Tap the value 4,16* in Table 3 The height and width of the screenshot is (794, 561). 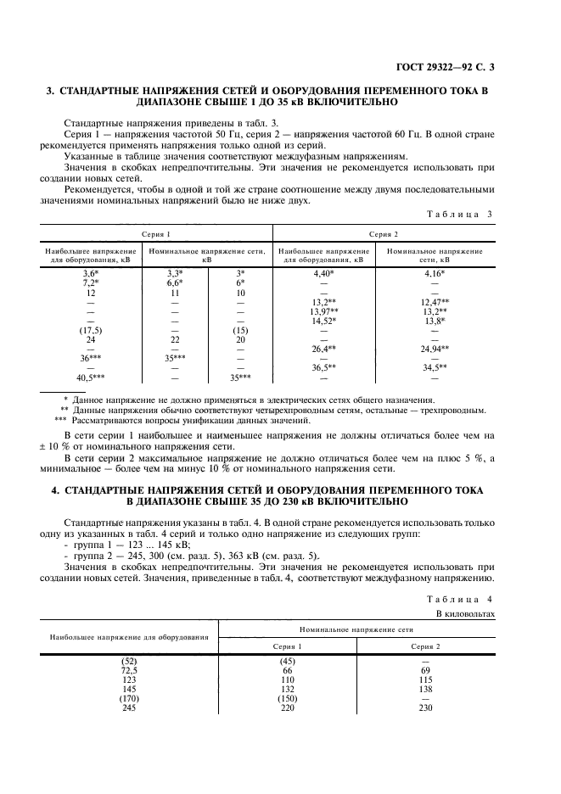pyautogui.click(x=434, y=274)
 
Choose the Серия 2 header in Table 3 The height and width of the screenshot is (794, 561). pyautogui.click(x=384, y=233)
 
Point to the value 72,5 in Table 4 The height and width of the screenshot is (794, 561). pyautogui.click(x=129, y=670)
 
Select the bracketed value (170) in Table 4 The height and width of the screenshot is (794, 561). pyautogui.click(x=129, y=698)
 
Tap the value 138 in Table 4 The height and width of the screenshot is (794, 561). pyautogui.click(x=425, y=689)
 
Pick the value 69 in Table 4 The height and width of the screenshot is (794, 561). pyautogui.click(x=425, y=670)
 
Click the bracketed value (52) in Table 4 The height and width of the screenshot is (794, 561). pyautogui.click(x=129, y=661)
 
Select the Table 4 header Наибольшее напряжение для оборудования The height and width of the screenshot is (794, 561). pyautogui.click(x=129, y=636)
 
